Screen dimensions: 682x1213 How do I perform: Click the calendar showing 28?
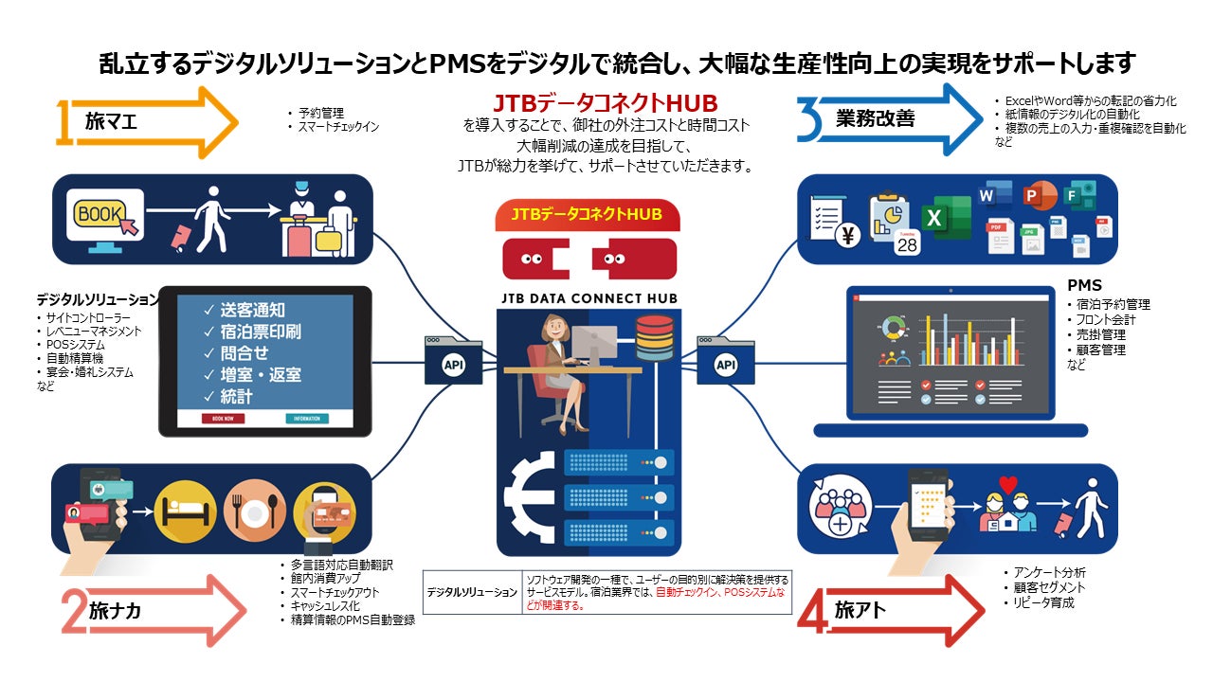(x=908, y=241)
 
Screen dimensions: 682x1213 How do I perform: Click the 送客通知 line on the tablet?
(x=251, y=310)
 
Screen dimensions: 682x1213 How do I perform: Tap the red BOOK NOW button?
(x=223, y=418)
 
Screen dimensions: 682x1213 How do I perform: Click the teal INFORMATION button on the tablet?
(x=305, y=418)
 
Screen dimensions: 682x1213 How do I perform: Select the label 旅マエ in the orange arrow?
(x=111, y=121)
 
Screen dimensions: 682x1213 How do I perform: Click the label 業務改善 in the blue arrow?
(x=875, y=118)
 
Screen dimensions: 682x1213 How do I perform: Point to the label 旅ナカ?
(x=115, y=611)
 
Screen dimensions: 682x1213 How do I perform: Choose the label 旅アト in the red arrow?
(x=860, y=611)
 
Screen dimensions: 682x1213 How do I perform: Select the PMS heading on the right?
(x=1084, y=285)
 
